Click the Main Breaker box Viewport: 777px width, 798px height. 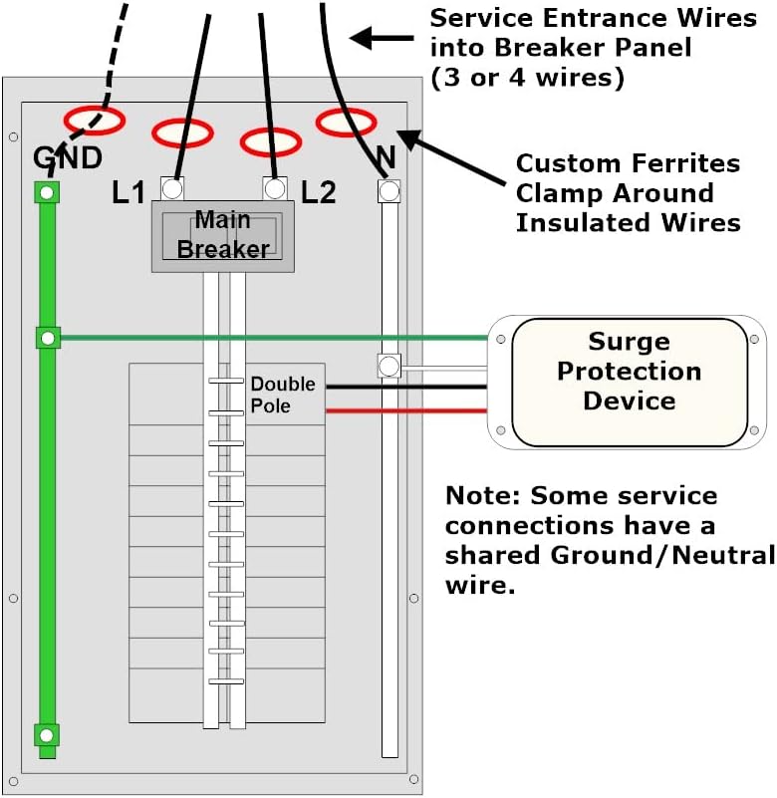click(222, 235)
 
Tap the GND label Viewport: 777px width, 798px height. click(68, 157)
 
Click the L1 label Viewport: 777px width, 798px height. click(129, 192)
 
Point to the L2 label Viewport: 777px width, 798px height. click(318, 192)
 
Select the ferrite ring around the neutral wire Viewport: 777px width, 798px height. click(346, 123)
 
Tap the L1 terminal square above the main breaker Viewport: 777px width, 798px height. click(172, 187)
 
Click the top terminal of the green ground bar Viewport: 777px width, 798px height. click(46, 191)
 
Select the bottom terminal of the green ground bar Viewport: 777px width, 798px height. click(46, 735)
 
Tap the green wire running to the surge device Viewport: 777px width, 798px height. click(269, 338)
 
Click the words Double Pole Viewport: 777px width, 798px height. click(282, 395)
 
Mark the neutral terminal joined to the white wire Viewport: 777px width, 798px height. click(388, 367)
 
